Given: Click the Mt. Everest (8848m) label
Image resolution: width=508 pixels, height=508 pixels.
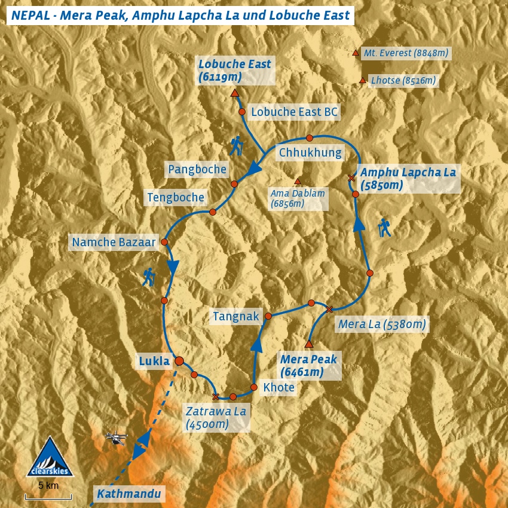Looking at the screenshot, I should pos(406,53).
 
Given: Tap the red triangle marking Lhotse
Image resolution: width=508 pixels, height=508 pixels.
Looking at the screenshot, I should pos(362,81).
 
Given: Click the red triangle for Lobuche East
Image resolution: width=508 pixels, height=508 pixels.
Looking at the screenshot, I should pos(234,94).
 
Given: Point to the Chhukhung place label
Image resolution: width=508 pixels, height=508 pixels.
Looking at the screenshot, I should pos(310,153).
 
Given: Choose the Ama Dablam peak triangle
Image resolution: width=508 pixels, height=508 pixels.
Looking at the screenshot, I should pos(298,182).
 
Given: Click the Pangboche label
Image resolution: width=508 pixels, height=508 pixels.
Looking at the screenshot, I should pos(197,169).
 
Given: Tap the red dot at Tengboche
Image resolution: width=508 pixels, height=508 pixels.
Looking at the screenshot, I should pos(212,212).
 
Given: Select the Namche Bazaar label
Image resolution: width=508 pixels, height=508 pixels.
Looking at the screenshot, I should pos(114,242).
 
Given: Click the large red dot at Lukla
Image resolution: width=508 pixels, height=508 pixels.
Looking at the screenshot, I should pos(179,360).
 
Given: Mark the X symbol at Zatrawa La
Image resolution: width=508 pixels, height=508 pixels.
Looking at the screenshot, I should pos(216,396).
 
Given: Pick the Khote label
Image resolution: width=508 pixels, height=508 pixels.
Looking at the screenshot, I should pos(279,387).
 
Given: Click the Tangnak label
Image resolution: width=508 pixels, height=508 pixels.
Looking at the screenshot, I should pos(236,317).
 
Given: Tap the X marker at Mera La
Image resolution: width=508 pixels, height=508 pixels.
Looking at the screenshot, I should pos(329,309).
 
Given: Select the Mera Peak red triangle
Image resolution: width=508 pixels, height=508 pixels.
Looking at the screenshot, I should pos(309,344).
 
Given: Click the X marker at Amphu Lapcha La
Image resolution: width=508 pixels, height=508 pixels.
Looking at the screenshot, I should pos(351,178).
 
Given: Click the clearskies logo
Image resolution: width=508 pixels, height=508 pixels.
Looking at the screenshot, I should pos(50,458).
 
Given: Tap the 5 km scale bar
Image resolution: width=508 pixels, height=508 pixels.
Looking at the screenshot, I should pos(48,496).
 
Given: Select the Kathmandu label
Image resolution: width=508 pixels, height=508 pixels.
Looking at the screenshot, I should pos(129,494).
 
